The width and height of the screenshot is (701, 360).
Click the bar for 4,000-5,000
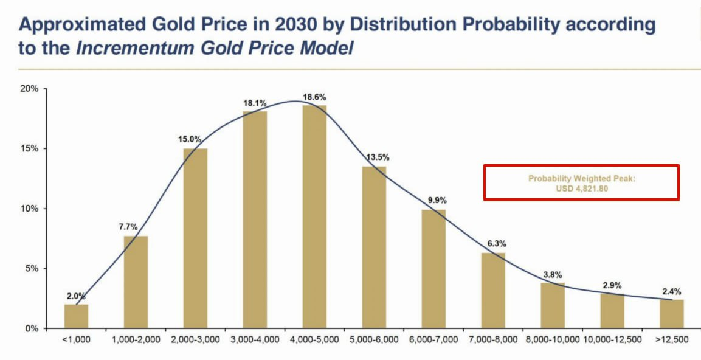pyautogui.click(x=314, y=216)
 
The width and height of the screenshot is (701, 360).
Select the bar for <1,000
pyautogui.click(x=76, y=316)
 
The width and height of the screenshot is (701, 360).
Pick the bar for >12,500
pyautogui.click(x=672, y=314)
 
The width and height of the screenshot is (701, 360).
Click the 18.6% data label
pyautogui.click(x=314, y=97)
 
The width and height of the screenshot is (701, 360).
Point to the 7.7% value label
pyautogui.click(x=129, y=227)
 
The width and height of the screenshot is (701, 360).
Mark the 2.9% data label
pyautogui.click(x=612, y=285)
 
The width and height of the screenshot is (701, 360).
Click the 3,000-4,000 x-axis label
pyautogui.click(x=255, y=339)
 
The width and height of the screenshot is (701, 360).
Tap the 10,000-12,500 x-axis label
pyautogui.click(x=612, y=339)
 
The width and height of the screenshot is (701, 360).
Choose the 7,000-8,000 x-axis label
pyautogui.click(x=492, y=339)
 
